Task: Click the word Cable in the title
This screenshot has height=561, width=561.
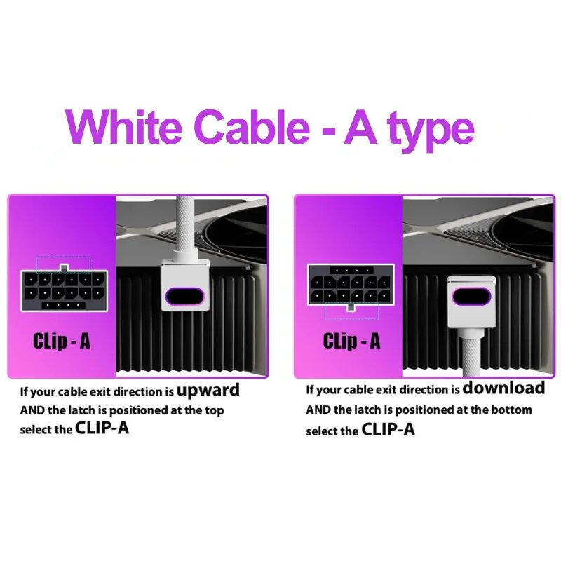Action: (x=252, y=126)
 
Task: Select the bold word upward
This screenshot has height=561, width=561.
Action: (x=208, y=391)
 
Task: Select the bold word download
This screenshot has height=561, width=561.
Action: (x=503, y=388)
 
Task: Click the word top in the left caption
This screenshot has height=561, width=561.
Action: (x=215, y=411)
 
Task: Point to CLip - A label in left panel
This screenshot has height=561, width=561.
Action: (x=62, y=341)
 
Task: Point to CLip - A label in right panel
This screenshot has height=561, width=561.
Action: (x=352, y=341)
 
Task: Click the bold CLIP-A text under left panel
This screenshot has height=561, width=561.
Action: (x=102, y=428)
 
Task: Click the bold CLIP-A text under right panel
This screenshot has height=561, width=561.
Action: (x=388, y=429)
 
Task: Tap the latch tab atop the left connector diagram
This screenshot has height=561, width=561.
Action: (x=64, y=268)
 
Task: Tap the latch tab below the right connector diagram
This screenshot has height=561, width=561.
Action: (x=351, y=307)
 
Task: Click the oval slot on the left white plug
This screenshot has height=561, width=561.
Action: (x=184, y=296)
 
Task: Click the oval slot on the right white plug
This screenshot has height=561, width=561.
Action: (x=471, y=296)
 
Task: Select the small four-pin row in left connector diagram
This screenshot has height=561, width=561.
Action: (x=64, y=305)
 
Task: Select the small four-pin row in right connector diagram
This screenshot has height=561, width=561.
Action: (x=352, y=271)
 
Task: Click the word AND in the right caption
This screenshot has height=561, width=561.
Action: (x=318, y=410)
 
